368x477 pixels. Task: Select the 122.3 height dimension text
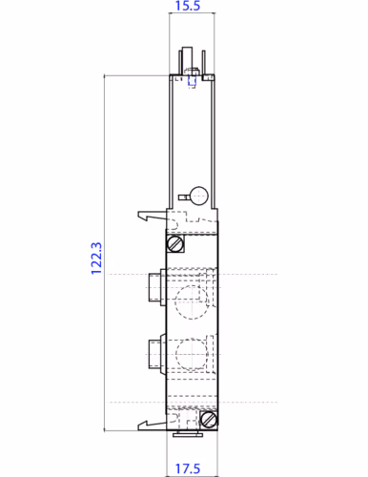(x=96, y=258)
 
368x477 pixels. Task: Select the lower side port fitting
(x=155, y=354)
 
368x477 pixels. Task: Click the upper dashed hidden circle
(x=192, y=304)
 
